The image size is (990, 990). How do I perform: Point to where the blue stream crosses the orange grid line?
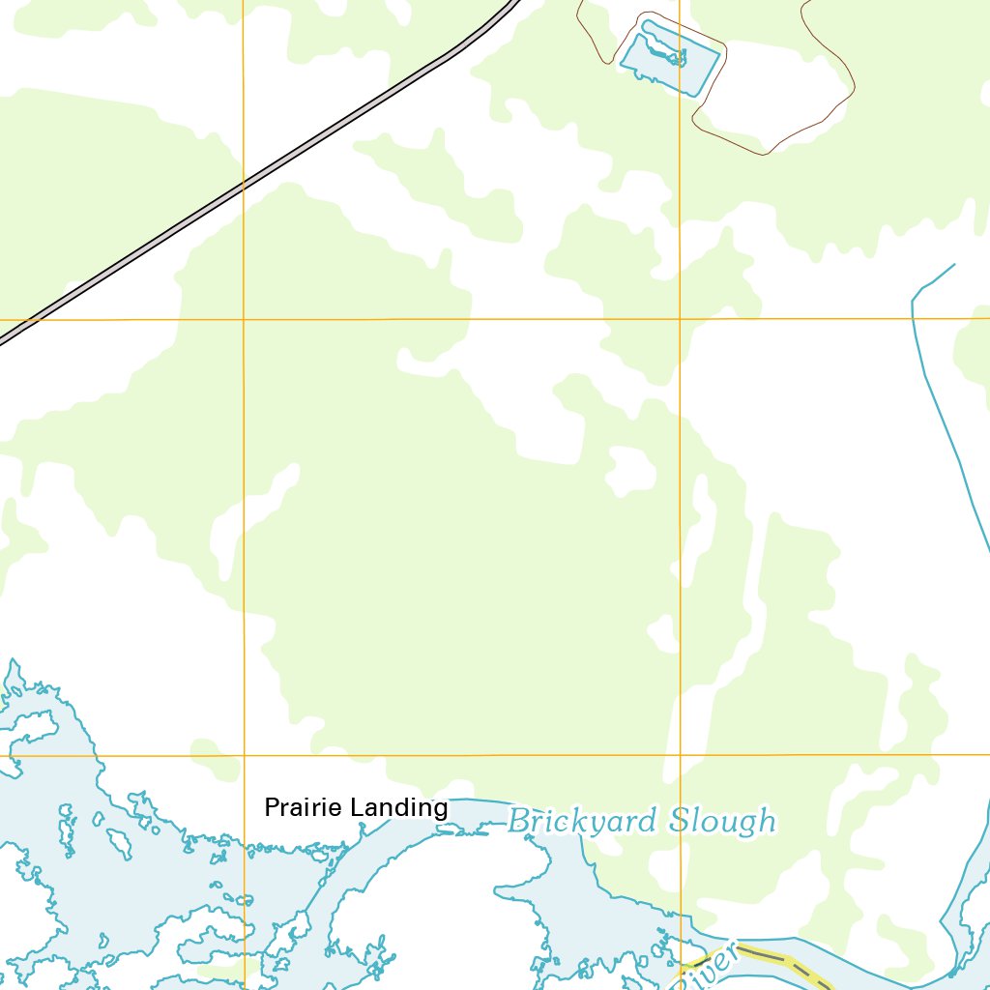pyautogui.click(x=913, y=318)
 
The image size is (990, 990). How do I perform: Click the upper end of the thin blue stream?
pyautogui.click(x=953, y=264)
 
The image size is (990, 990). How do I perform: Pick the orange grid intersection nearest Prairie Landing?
pyautogui.click(x=244, y=755)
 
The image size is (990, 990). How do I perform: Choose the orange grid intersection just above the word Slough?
pyautogui.click(x=680, y=754)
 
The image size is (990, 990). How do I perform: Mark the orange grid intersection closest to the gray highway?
pyautogui.click(x=244, y=319)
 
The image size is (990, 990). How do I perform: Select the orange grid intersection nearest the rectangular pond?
pyautogui.click(x=680, y=318)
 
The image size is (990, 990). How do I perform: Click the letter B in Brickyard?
pyautogui.click(x=518, y=822)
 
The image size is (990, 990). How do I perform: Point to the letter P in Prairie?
pyautogui.click(x=271, y=807)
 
